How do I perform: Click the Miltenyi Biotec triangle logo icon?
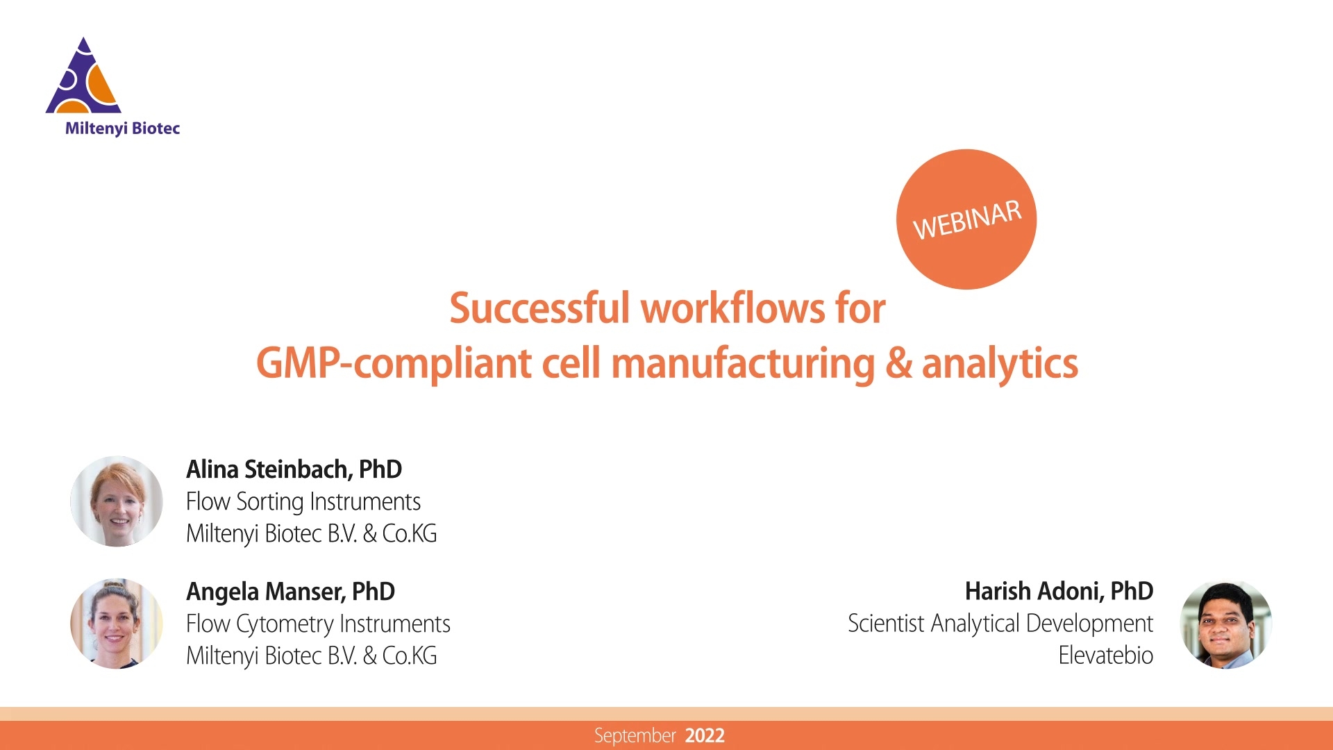tap(83, 78)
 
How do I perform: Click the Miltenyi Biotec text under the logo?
tap(122, 128)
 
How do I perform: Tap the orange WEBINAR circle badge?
tap(966, 219)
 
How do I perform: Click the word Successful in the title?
tap(539, 308)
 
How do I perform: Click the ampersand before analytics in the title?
tap(898, 363)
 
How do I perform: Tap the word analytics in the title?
tap(1000, 363)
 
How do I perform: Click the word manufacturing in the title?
tap(743, 363)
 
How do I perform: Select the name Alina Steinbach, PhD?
tap(294, 469)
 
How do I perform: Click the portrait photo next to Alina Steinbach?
tap(117, 501)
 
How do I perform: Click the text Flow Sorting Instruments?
tap(303, 501)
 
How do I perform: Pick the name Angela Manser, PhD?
tap(290, 592)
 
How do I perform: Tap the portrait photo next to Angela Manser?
tap(117, 624)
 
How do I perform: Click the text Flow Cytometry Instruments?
tap(318, 624)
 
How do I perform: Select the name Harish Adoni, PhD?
tap(1059, 592)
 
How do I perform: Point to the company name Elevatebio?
tap(1105, 656)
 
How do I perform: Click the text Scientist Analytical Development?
tap(1000, 624)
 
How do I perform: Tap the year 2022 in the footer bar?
tap(705, 735)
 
